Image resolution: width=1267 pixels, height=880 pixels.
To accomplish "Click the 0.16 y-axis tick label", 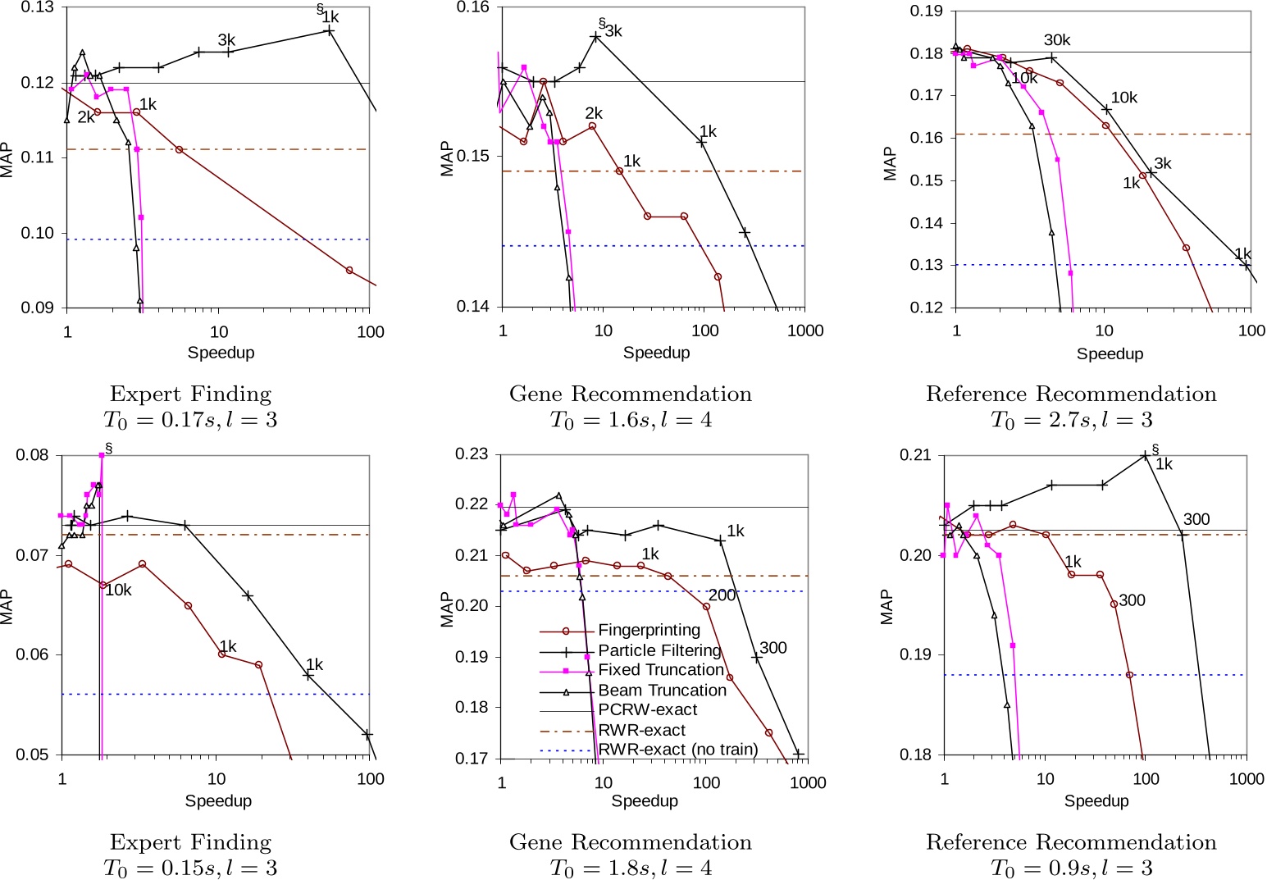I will [x=473, y=8].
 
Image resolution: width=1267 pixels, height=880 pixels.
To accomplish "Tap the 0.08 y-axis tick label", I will [x=33, y=456].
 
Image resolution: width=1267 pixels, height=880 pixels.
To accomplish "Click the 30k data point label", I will [x=1057, y=40].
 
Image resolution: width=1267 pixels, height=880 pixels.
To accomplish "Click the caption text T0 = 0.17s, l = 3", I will [x=190, y=420].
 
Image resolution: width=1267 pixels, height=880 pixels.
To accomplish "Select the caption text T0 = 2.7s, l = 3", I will [x=1071, y=420].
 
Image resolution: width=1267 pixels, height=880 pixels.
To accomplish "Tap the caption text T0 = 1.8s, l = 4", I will [x=631, y=868].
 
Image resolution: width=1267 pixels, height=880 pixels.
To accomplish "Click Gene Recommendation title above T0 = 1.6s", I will [x=631, y=394].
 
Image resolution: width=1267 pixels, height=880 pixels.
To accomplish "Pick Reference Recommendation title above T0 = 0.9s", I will [x=1071, y=842].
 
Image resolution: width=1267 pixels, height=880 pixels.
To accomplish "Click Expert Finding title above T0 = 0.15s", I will [x=190, y=842].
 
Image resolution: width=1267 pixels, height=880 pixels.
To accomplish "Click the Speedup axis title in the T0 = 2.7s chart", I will [x=1110, y=353].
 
